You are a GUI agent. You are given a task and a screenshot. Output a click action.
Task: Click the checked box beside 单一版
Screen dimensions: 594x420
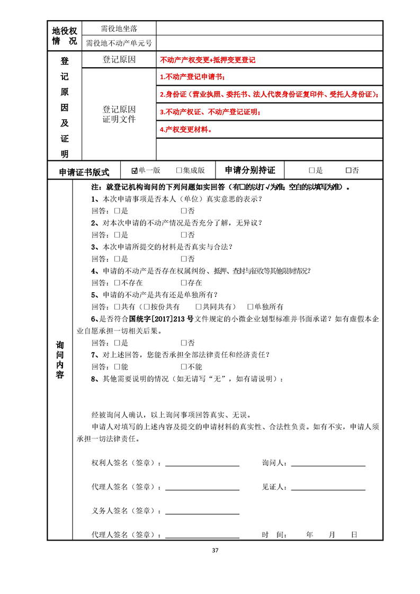tap(135, 170)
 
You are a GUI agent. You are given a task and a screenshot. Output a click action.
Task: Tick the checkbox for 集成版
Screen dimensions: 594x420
tap(179, 170)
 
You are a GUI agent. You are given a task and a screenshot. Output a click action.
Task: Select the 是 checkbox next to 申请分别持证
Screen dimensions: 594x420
tap(312, 170)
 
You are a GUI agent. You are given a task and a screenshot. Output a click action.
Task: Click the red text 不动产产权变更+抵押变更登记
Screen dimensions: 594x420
tap(208, 60)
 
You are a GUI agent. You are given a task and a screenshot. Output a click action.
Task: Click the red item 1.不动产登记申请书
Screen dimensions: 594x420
tap(192, 77)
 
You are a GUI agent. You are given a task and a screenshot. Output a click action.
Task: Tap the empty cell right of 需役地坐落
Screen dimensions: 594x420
tap(269, 28)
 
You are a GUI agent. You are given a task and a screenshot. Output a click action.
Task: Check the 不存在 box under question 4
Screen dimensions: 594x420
tap(117, 283)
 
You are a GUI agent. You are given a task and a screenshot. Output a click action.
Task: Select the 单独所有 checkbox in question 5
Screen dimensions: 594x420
tap(251, 307)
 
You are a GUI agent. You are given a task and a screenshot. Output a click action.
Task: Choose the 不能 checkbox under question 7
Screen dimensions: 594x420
tap(184, 366)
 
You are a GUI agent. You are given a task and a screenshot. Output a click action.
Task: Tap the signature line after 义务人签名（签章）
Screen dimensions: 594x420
tap(202, 513)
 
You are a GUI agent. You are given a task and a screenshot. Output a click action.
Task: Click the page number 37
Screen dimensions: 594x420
tap(215, 550)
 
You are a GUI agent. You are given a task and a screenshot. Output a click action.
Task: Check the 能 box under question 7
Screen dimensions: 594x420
tap(117, 366)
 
